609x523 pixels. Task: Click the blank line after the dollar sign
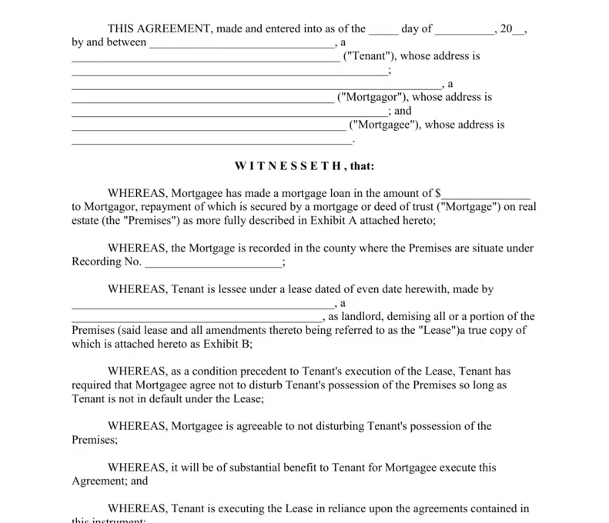(x=486, y=194)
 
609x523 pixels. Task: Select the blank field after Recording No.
(x=213, y=262)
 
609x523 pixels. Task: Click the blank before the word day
(x=383, y=29)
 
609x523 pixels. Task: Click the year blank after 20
(x=518, y=29)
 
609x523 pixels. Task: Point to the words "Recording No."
(x=106, y=262)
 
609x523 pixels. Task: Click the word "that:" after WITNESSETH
(x=360, y=166)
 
